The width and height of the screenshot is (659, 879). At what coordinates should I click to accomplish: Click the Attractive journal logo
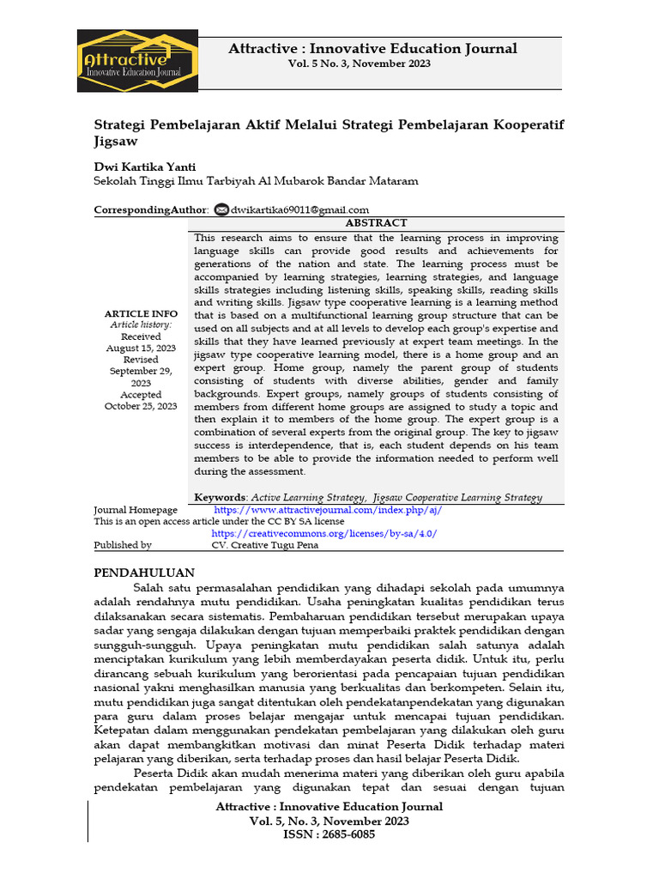point(137,61)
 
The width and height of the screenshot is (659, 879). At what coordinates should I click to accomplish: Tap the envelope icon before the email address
point(221,209)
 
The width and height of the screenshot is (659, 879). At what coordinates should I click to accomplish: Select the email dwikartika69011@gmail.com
point(299,209)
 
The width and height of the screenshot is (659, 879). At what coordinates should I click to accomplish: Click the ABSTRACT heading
point(376,222)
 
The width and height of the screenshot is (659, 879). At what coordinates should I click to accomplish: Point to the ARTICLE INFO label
point(141,314)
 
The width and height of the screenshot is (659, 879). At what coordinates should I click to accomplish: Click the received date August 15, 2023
point(141,349)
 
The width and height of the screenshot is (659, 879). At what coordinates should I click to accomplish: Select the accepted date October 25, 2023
point(141,406)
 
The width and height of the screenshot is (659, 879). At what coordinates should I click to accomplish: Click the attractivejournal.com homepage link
point(328,510)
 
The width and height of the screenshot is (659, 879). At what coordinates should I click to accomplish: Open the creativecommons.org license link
point(324,533)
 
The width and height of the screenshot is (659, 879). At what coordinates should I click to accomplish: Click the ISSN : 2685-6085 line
point(329,834)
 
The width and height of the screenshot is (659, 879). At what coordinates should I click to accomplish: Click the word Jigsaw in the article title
point(115,141)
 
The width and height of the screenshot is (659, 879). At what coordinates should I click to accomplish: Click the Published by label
point(123,545)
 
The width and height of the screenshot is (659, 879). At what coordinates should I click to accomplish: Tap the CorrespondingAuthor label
point(150,209)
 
